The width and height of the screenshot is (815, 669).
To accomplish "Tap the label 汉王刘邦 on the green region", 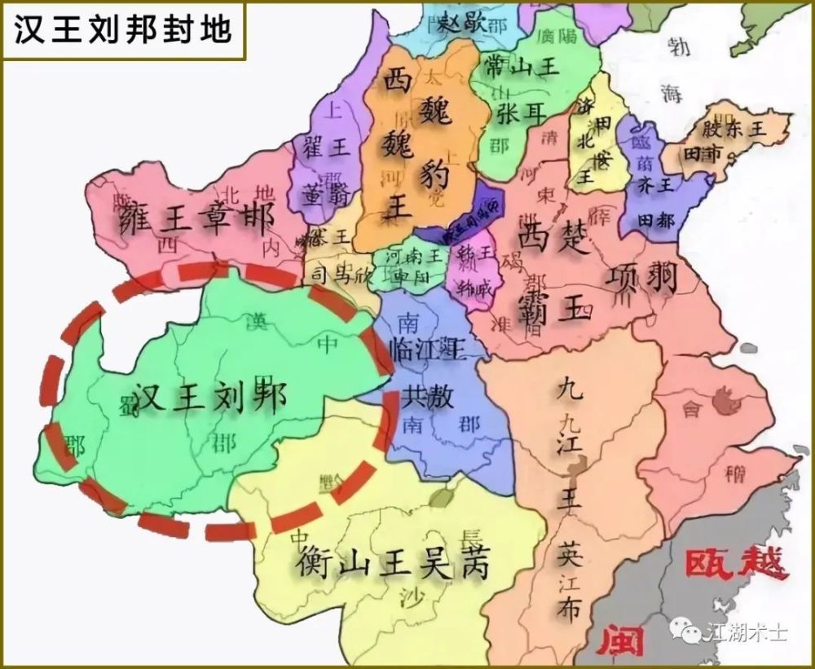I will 210,399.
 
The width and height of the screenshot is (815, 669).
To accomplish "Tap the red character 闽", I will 619,643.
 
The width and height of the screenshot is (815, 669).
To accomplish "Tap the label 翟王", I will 325,147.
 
